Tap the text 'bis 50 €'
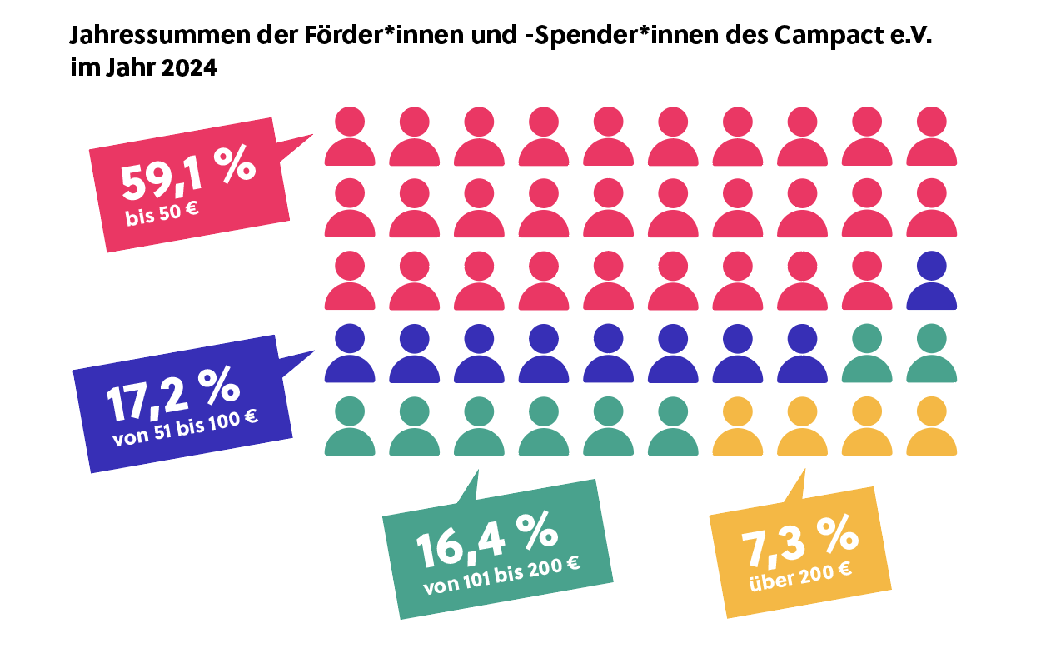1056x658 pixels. pyautogui.click(x=162, y=214)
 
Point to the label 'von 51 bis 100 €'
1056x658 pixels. pyautogui.click(x=185, y=427)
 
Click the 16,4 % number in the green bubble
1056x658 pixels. pyautogui.click(x=486, y=539)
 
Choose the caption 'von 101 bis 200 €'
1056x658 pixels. pyautogui.click(x=501, y=575)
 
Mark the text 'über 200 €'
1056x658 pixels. pyautogui.click(x=800, y=575)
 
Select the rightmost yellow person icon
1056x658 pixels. pyautogui.click(x=931, y=427)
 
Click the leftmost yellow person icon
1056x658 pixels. pyautogui.click(x=737, y=427)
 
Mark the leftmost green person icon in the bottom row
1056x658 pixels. pyautogui.click(x=350, y=427)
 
